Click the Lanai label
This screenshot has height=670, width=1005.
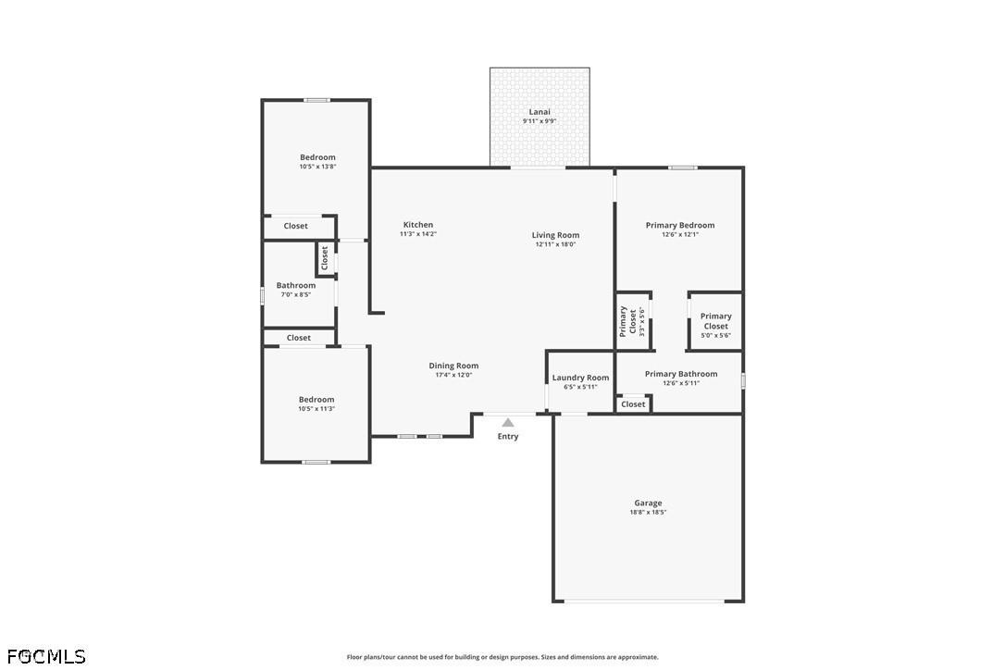point(539,112)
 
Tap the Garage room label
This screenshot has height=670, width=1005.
point(648,503)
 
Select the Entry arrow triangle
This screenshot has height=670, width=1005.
point(508,423)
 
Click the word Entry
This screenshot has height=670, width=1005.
point(508,437)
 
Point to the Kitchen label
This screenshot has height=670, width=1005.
point(418,225)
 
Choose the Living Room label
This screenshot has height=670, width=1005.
point(555,235)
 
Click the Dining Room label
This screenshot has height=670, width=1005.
point(453,366)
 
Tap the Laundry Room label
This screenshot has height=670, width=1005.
point(580,378)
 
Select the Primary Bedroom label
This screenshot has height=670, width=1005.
point(680,225)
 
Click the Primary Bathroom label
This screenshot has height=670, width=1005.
point(681,374)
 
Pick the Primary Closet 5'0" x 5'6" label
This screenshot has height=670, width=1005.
point(716,325)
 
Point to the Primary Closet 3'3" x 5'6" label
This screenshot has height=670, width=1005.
point(633,321)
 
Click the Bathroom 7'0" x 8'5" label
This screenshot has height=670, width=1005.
point(296,290)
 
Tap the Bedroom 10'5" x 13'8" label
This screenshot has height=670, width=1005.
point(318,162)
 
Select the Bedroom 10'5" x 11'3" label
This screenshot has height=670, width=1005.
point(316,403)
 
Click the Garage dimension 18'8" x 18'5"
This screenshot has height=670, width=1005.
point(648,513)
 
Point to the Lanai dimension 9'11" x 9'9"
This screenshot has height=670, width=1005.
point(539,121)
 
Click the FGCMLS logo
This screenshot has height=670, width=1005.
point(46,656)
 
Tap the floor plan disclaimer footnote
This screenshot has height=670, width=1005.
point(502,657)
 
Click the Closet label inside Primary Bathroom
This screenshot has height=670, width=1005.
point(633,404)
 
